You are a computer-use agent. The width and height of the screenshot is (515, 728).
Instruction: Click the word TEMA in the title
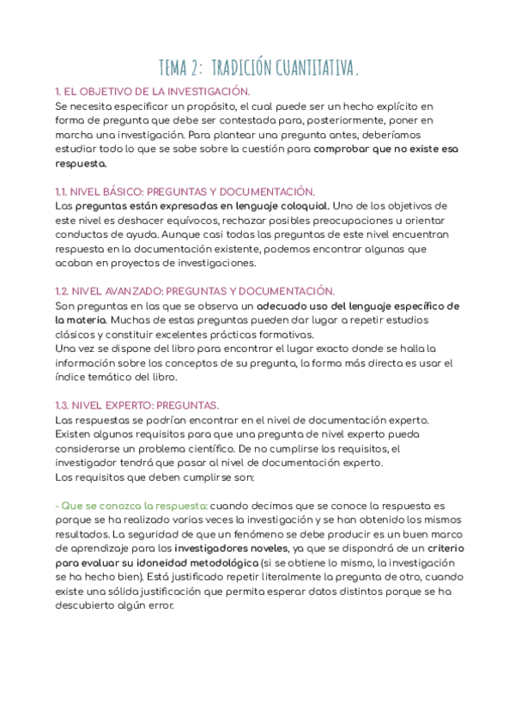click(178, 67)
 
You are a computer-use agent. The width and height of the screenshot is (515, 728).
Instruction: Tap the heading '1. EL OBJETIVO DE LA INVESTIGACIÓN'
click(152, 91)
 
